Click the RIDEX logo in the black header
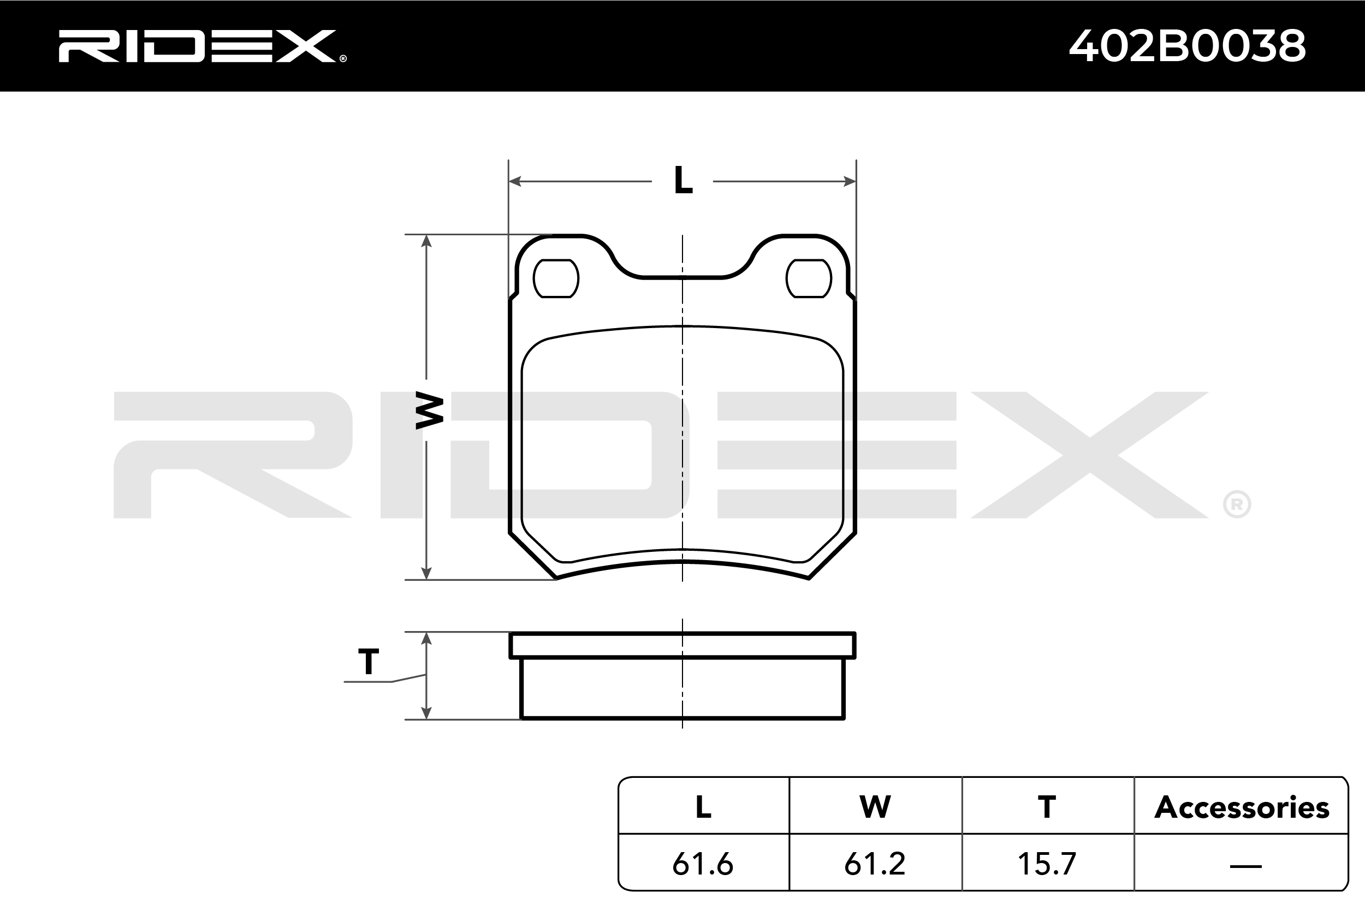click(x=202, y=46)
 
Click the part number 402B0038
click(x=1188, y=46)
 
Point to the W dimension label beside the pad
click(x=430, y=411)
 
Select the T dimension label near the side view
click(x=369, y=661)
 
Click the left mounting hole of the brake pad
click(x=556, y=278)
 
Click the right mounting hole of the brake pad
click(x=809, y=278)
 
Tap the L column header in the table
click(x=703, y=807)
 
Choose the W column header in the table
click(x=875, y=807)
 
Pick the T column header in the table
click(x=1047, y=807)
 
